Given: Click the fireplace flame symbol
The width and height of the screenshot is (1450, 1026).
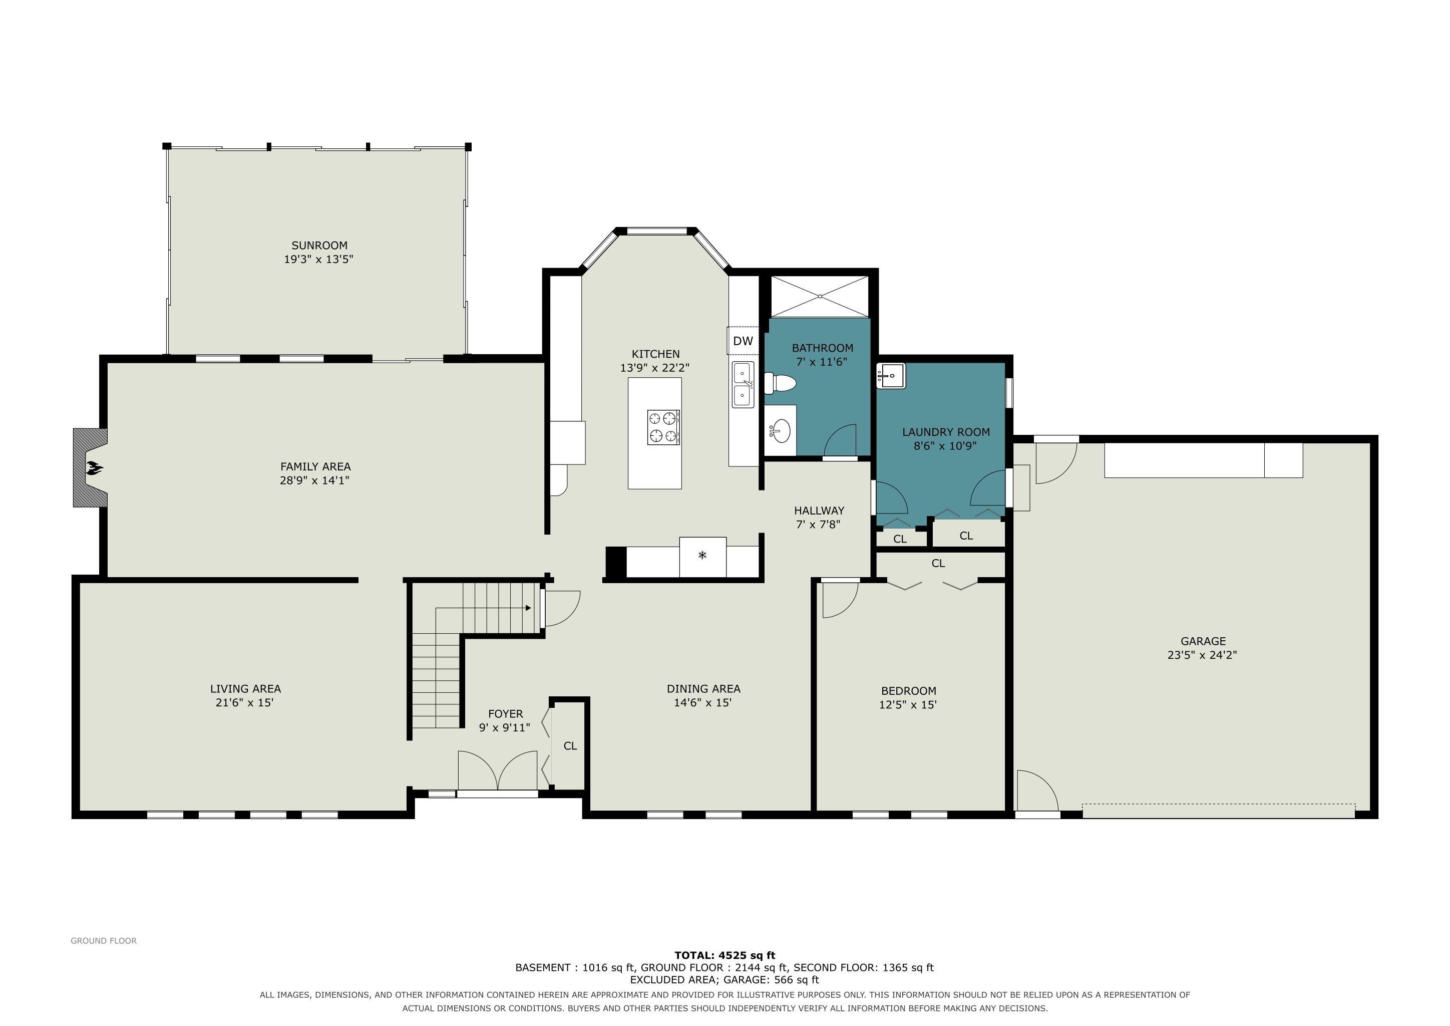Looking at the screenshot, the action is [95, 467].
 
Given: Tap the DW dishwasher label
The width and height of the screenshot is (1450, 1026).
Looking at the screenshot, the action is [743, 341].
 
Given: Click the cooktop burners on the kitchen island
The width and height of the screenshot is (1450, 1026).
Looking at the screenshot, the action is [662, 427].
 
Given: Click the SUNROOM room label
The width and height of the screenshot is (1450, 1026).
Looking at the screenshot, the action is [319, 245].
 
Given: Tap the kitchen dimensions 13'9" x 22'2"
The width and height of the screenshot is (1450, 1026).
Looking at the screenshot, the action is [655, 368].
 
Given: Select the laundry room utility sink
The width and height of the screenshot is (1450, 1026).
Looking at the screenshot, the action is [890, 376].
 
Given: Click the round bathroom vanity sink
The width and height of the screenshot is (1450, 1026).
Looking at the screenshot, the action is [781, 431].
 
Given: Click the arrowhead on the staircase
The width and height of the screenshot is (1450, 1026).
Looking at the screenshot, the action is [527, 608].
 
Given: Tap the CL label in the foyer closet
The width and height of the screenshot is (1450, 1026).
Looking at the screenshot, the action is [570, 746].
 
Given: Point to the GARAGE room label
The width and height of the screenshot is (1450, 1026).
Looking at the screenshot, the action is [1203, 641].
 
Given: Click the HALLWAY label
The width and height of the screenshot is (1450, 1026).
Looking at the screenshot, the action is [819, 510].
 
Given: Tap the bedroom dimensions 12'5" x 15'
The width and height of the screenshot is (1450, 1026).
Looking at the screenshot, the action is [908, 704].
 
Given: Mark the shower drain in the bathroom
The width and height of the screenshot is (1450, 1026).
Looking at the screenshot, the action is [820, 296].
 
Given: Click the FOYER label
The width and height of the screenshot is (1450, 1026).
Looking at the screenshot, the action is [505, 714].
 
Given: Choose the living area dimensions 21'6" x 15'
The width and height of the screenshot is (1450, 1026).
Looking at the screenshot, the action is [244, 702].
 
